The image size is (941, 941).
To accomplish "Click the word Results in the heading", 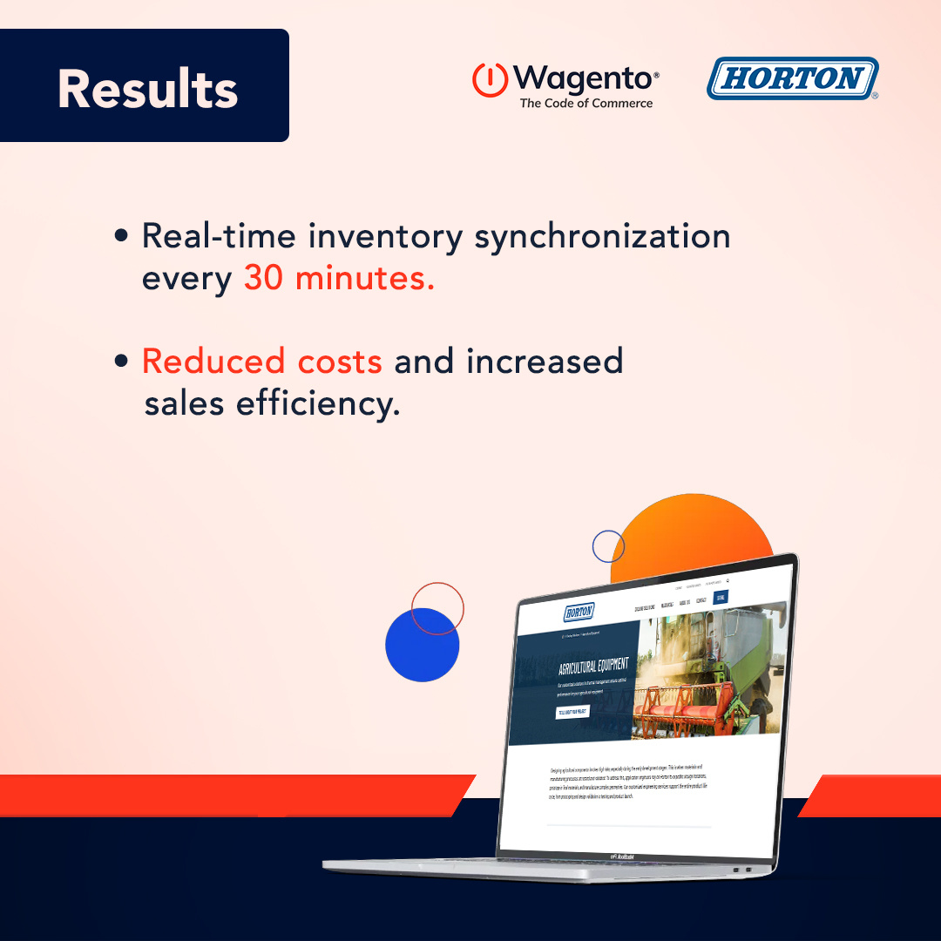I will [147, 88].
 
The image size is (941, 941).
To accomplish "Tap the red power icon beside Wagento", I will [490, 80].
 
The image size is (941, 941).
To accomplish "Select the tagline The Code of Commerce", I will [586, 103].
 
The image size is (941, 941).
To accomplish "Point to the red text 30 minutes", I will [339, 279].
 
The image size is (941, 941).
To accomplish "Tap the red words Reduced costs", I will [261, 361].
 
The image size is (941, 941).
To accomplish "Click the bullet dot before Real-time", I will [122, 236].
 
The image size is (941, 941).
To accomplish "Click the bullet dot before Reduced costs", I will [122, 360].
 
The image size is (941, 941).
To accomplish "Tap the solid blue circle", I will [421, 646].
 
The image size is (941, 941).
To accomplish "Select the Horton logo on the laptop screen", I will [579, 612].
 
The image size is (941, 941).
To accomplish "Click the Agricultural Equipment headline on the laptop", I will [592, 669].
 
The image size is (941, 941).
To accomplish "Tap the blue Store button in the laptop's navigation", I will [719, 598].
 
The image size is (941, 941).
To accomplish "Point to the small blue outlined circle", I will [608, 546].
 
